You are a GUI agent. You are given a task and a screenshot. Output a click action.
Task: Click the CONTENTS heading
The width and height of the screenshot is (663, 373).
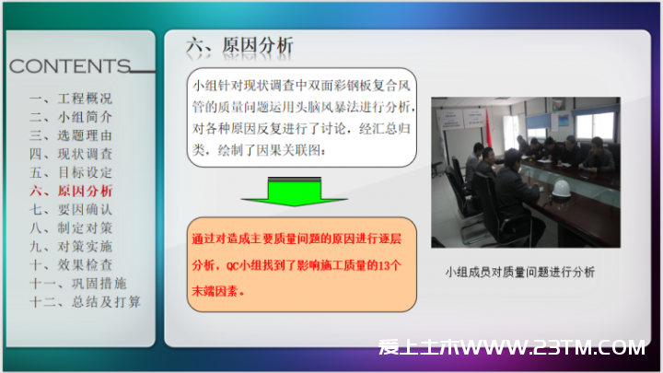(x=70, y=66)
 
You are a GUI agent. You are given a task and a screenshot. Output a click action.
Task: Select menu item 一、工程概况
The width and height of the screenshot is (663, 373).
(x=71, y=99)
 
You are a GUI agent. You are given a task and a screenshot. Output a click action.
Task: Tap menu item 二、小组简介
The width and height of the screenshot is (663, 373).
(x=71, y=117)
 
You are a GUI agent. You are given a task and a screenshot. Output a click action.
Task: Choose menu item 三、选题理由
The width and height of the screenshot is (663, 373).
(x=71, y=135)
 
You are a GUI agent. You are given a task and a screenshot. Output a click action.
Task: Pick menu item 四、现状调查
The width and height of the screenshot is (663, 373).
(x=71, y=154)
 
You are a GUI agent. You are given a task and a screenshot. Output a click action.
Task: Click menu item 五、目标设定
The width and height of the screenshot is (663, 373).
(x=71, y=172)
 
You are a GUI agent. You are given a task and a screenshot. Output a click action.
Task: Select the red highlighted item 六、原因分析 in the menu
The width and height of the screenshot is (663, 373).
(x=71, y=191)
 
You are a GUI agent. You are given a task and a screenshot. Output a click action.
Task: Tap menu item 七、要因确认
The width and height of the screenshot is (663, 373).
(x=71, y=209)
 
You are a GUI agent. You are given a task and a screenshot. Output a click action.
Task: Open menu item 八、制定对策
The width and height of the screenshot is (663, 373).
(x=71, y=228)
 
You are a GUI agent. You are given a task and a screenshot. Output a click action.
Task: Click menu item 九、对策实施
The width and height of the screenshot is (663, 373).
(x=71, y=247)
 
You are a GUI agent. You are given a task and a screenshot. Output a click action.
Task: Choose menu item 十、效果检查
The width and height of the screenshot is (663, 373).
(x=71, y=265)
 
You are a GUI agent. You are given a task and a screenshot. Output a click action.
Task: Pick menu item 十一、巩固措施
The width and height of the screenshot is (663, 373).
(x=77, y=284)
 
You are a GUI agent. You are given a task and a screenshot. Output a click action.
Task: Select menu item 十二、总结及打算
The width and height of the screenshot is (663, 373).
(x=85, y=302)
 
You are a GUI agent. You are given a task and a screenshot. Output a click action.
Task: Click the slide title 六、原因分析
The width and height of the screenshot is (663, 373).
(x=239, y=45)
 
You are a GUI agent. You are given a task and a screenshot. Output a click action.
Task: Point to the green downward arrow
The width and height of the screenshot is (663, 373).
(x=295, y=192)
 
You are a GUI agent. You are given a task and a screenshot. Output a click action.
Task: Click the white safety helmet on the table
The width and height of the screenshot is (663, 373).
(x=561, y=189)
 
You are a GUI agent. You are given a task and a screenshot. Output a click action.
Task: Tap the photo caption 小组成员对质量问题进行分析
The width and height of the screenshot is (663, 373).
(x=519, y=272)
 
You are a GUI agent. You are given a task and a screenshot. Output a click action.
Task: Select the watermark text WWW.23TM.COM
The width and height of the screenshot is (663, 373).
(x=553, y=347)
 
